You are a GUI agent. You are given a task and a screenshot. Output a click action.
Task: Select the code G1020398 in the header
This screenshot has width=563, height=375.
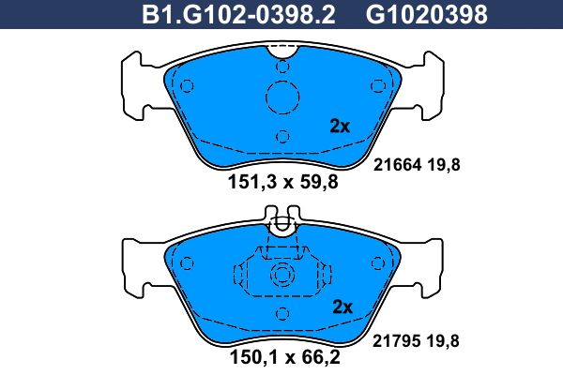[x=412, y=15]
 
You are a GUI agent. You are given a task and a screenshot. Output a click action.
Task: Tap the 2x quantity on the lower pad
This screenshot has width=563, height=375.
[x=342, y=307]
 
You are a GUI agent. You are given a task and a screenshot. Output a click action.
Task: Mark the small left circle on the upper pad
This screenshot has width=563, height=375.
[x=186, y=87]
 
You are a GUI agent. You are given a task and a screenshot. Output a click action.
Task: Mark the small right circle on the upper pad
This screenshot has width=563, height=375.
[x=379, y=87]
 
